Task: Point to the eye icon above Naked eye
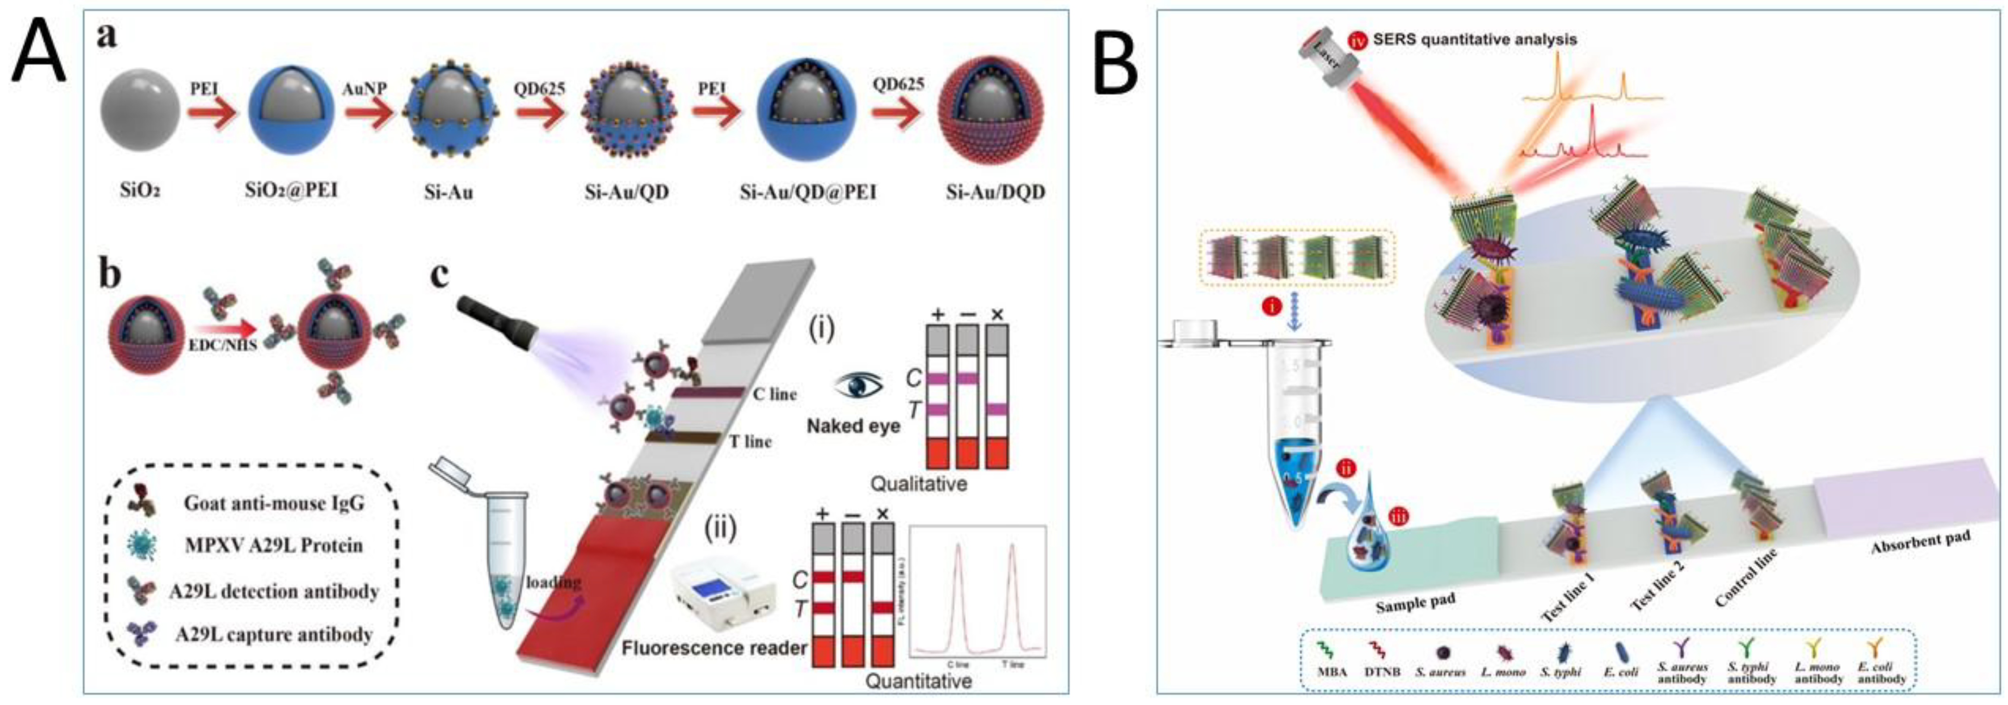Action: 859,384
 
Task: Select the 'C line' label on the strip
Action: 774,394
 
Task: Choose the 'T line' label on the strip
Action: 750,442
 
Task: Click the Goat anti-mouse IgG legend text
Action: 274,502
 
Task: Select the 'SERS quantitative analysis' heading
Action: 1474,39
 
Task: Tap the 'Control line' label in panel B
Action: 1747,577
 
